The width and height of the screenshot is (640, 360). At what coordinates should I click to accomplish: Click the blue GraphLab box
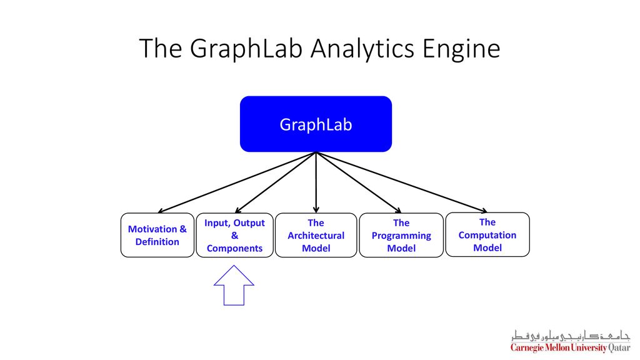coord(316,124)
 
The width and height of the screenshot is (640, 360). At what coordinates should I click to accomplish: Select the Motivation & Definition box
coord(157,235)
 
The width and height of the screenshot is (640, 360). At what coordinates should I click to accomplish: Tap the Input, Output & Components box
coord(235,235)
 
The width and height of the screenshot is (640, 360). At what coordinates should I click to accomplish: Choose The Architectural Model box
coord(316,235)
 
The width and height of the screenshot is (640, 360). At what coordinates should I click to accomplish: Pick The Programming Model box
coord(401,235)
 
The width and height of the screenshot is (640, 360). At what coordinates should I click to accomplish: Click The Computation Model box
coord(487,235)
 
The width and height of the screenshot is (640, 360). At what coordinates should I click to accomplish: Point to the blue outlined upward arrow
coord(234,286)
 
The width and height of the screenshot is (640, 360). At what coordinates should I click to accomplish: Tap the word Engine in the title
coord(461,49)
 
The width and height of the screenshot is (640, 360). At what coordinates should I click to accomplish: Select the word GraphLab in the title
coord(246,49)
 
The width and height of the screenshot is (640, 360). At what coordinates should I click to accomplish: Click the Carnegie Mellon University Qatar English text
coord(570,347)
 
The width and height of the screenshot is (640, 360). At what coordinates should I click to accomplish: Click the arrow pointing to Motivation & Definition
coord(237,182)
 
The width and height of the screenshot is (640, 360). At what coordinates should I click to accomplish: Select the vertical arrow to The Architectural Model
coord(316,182)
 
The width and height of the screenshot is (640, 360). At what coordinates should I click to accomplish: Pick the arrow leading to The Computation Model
coord(402,182)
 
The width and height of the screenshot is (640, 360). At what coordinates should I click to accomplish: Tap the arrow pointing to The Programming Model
coord(359,182)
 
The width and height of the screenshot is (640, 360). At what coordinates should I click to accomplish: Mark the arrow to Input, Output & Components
coord(276,182)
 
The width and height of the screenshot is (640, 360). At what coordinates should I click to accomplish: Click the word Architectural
coord(316,236)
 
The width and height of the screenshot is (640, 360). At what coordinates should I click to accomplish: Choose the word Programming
coord(401,236)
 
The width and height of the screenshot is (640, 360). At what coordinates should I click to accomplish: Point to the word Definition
coord(157,242)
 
